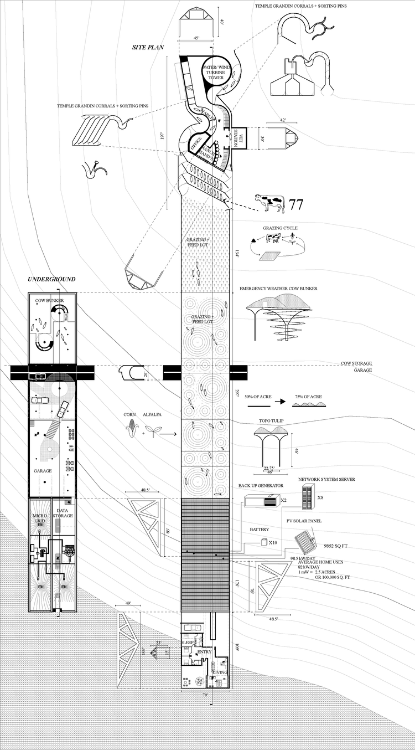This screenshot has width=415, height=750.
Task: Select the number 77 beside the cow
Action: tap(296, 204)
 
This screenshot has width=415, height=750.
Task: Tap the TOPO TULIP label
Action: tap(271, 421)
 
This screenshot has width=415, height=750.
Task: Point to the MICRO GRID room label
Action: tap(39, 519)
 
